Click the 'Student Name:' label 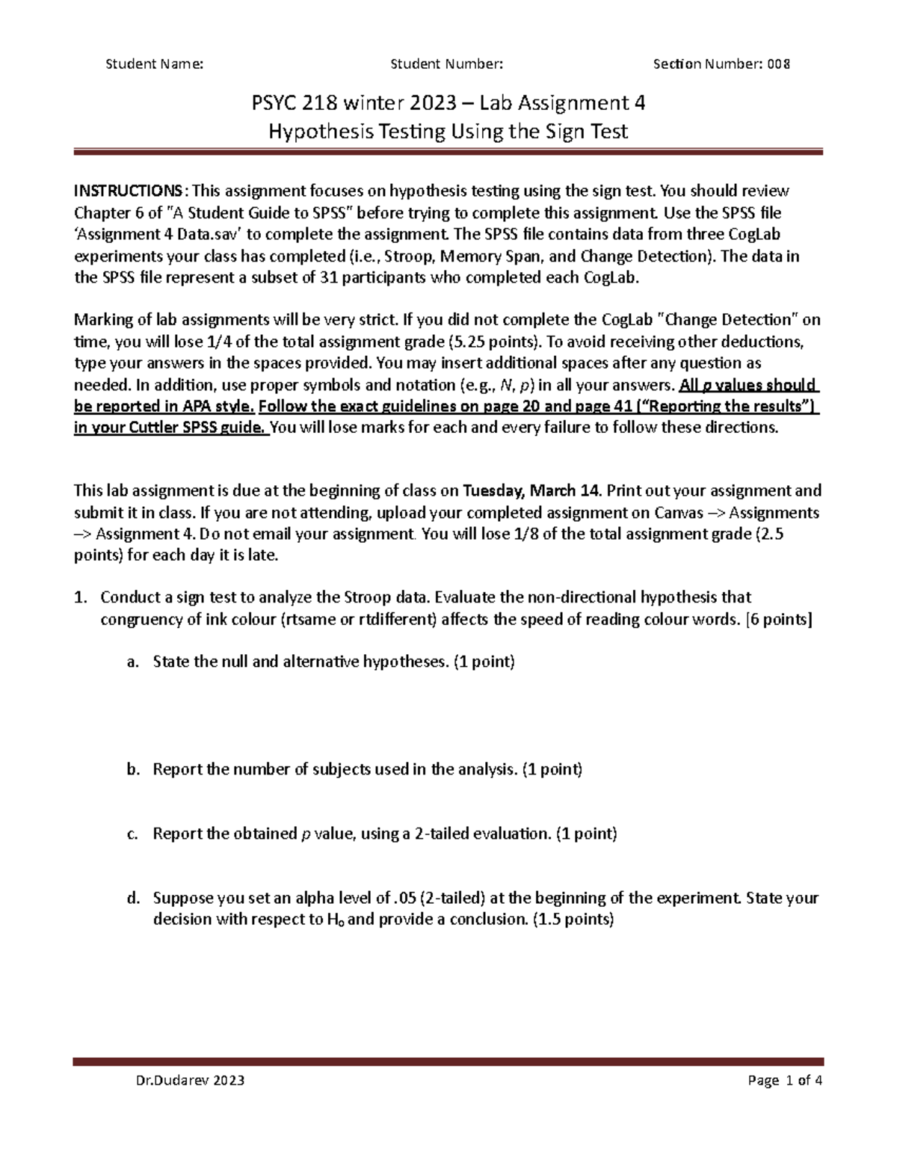[x=154, y=64]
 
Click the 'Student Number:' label [x=447, y=64]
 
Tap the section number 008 [x=780, y=64]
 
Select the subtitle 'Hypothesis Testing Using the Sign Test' [x=448, y=132]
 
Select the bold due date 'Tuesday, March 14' [x=531, y=491]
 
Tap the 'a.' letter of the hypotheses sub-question [x=133, y=662]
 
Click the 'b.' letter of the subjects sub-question [x=133, y=769]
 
